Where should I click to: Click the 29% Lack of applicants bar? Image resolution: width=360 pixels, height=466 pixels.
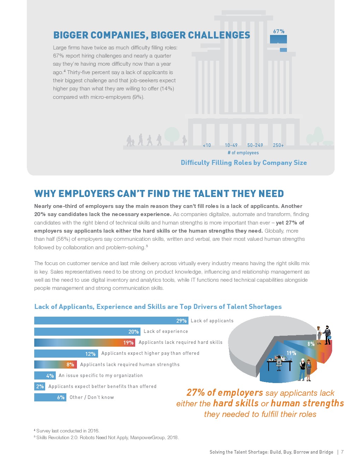(x=111, y=321)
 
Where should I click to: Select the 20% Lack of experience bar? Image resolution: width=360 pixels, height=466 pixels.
(x=87, y=331)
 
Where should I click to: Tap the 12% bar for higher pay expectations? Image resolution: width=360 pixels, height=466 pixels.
(x=66, y=353)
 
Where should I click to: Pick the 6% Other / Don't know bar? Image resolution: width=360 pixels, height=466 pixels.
(x=50, y=397)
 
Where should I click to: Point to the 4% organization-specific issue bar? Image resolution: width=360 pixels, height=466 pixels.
(x=44, y=375)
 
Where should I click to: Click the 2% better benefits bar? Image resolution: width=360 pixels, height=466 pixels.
(x=40, y=386)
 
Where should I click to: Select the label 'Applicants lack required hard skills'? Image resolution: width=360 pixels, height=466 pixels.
(x=180, y=342)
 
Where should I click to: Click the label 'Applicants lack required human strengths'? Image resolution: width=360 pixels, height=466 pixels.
(x=130, y=364)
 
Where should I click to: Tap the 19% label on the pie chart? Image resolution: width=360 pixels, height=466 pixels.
(x=291, y=353)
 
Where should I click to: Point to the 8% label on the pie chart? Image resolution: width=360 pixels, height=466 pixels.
(x=311, y=344)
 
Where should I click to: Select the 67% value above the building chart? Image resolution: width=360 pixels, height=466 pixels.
(x=278, y=31)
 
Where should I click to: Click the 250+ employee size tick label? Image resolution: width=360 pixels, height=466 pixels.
(x=278, y=145)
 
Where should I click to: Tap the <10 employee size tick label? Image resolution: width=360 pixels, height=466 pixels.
(x=207, y=145)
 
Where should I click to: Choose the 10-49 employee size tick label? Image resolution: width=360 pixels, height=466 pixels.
(x=231, y=145)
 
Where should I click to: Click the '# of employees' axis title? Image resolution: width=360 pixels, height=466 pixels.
(x=243, y=153)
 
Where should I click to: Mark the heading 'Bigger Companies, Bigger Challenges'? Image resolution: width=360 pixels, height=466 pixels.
(x=151, y=35)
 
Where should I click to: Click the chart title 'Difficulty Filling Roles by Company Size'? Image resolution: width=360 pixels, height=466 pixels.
(x=244, y=163)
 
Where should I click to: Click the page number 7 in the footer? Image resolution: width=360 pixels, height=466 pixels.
(x=342, y=452)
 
